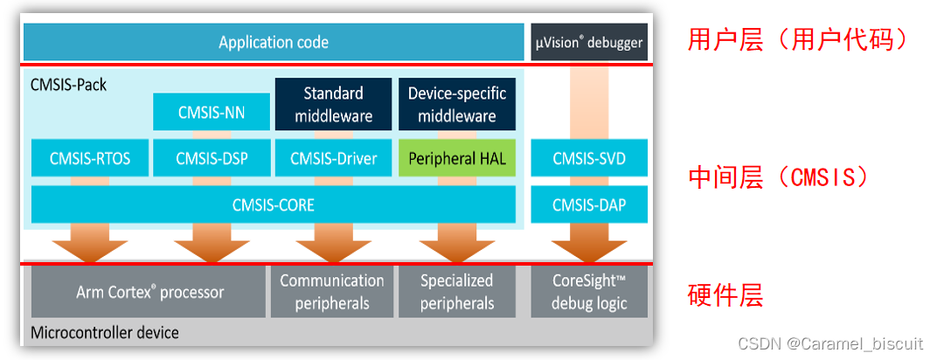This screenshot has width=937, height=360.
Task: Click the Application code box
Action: click(x=274, y=42)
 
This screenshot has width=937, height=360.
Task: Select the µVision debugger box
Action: click(x=589, y=42)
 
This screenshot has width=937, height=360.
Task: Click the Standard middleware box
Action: click(x=333, y=105)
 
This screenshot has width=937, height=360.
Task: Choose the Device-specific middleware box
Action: click(x=456, y=105)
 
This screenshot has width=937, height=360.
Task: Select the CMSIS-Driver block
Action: click(x=333, y=158)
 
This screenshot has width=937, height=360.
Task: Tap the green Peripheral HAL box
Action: click(x=456, y=158)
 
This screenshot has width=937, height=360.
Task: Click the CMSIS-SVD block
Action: click(x=589, y=158)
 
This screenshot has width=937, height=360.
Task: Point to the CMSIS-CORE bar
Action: click(x=274, y=205)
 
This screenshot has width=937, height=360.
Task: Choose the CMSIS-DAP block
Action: click(x=589, y=205)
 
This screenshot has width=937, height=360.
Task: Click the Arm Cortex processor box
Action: click(x=149, y=292)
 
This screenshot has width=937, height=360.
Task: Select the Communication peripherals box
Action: click(x=331, y=292)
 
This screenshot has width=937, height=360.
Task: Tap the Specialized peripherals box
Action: click(x=456, y=292)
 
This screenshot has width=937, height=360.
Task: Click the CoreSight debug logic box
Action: click(x=589, y=292)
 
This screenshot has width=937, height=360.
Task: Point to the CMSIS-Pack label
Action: click(x=69, y=85)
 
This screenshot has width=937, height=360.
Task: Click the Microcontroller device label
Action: click(x=105, y=333)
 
